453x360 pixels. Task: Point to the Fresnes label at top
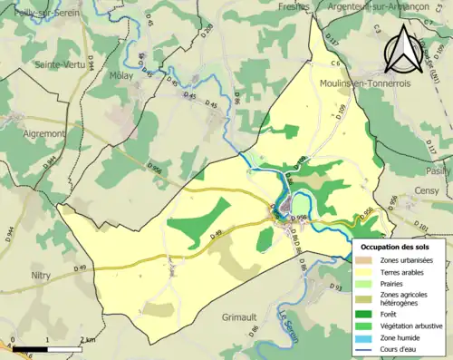293,5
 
